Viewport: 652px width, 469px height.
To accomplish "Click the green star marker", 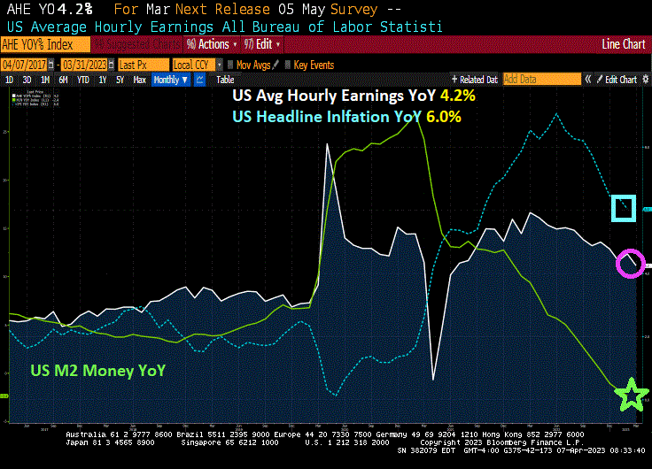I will [x=632, y=394].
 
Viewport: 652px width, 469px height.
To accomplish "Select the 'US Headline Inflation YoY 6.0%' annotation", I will [x=346, y=116].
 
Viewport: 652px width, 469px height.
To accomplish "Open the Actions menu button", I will [x=208, y=44].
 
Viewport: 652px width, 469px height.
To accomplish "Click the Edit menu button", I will [x=265, y=44].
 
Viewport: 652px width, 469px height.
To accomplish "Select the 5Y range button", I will [x=120, y=80].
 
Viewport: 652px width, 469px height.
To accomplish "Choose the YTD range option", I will [x=83, y=80].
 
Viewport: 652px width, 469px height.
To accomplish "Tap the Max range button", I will [x=140, y=80].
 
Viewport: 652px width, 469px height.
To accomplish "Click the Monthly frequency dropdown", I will [x=171, y=80].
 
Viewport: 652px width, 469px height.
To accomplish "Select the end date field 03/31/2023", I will [x=87, y=65].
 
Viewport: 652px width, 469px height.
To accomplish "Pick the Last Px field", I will [x=142, y=65].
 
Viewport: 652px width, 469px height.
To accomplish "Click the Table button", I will [x=225, y=80].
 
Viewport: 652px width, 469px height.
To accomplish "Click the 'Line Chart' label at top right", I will [x=623, y=44].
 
